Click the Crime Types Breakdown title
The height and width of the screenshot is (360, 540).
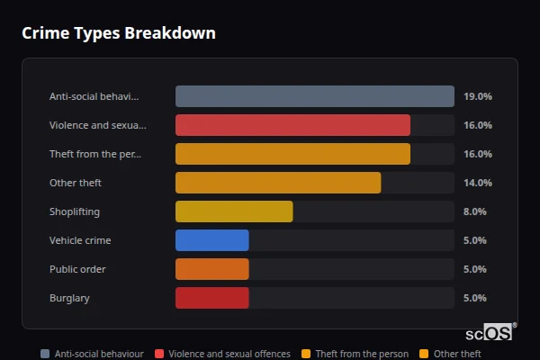point(119,33)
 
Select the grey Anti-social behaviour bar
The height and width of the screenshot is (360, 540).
point(314,96)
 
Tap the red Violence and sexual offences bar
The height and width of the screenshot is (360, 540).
point(292,125)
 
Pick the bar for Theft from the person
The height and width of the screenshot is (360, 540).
point(292,154)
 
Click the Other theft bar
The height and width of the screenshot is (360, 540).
point(278,183)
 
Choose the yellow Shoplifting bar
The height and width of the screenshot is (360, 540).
point(234,211)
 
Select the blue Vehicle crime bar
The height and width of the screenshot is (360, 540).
point(211,240)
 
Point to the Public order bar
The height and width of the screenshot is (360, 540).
point(211,269)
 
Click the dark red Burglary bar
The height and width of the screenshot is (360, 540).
point(211,298)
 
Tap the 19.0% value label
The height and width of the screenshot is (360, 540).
point(477,96)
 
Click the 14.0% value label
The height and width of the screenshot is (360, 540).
point(477,183)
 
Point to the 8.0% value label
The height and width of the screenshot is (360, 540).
point(474,211)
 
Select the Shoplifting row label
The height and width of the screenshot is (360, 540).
point(75,211)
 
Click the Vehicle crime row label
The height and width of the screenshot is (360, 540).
point(80,240)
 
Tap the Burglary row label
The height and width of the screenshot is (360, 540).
point(69,298)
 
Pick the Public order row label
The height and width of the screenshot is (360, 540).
point(77,269)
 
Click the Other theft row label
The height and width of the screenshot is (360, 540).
point(76,183)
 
